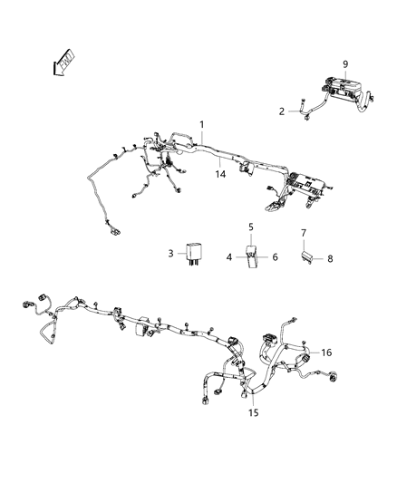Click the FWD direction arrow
tap(63, 63)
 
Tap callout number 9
tap(345, 64)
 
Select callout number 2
tap(282, 111)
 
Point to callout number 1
tap(202, 125)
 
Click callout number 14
tap(220, 174)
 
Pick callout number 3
tap(171, 254)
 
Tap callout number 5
tap(251, 227)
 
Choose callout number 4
tap(228, 256)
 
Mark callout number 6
tap(275, 256)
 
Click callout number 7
tap(304, 233)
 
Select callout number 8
tap(330, 259)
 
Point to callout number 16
tap(326, 353)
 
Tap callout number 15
tap(254, 412)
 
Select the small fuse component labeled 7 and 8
tap(306, 256)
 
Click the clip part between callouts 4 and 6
tap(252, 256)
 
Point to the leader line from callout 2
tap(294, 111)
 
